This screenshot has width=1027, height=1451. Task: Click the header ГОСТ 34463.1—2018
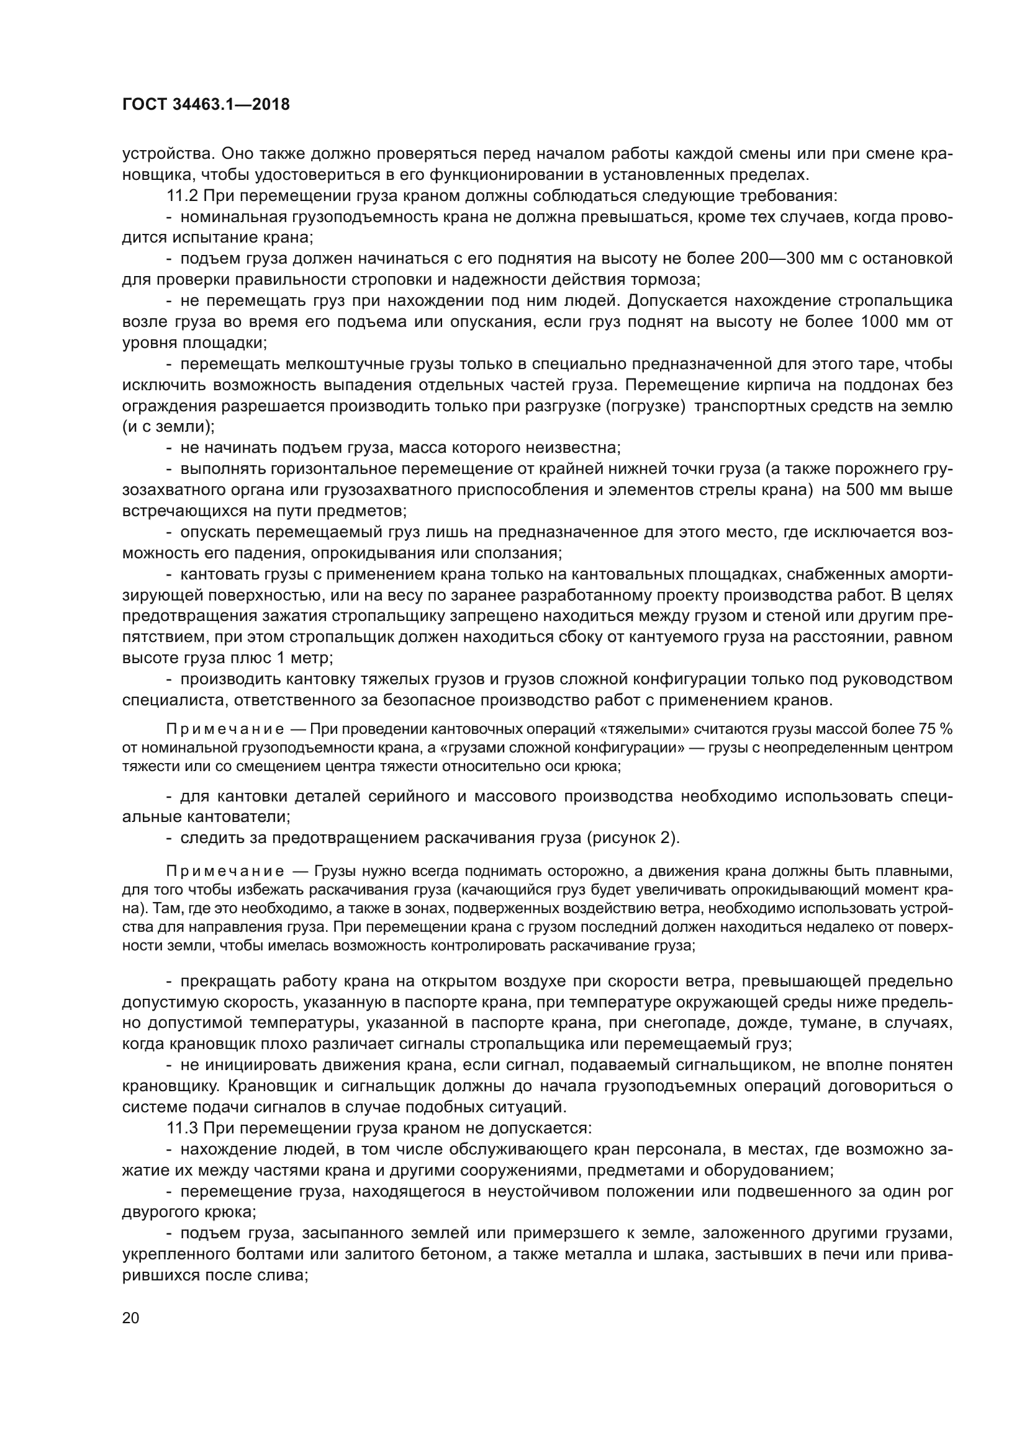206,105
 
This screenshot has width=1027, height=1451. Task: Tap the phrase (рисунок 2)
633,838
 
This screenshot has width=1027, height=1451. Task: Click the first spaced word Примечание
225,730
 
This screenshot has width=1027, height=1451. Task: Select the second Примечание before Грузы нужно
225,872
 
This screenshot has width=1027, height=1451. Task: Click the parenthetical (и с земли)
168,427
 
